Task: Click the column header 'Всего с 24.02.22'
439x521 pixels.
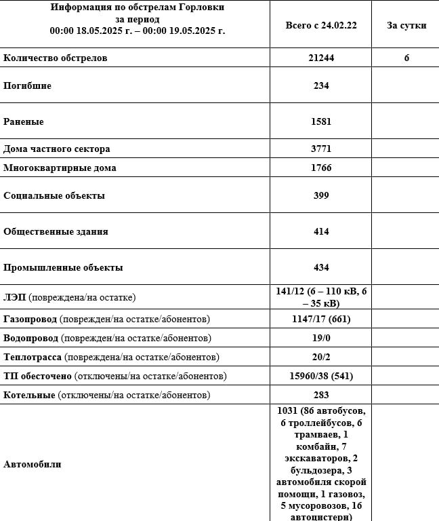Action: click(x=321, y=25)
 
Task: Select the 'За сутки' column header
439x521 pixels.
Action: click(x=406, y=25)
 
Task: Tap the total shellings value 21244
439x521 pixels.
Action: click(x=321, y=58)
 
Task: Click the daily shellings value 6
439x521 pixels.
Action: click(x=406, y=58)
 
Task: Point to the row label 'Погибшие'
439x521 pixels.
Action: click(x=27, y=86)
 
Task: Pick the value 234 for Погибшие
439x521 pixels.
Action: click(x=321, y=86)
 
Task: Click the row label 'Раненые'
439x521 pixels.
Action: click(x=24, y=122)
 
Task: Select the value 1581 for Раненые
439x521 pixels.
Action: click(x=321, y=122)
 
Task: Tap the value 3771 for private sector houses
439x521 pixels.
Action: click(x=321, y=149)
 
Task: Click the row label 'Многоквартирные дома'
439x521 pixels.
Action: click(x=60, y=168)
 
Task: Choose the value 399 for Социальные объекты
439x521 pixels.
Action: click(x=321, y=195)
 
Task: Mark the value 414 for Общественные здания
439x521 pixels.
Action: click(x=321, y=231)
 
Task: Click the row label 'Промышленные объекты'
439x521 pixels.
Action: click(x=63, y=267)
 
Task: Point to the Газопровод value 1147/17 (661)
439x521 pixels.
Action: click(x=321, y=319)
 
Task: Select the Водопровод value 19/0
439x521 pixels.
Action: click(x=321, y=338)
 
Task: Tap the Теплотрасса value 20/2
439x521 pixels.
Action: click(x=321, y=357)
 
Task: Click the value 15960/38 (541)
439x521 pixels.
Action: click(x=321, y=376)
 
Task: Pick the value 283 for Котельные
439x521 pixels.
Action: click(x=321, y=395)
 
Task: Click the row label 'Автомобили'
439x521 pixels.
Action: click(x=32, y=464)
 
